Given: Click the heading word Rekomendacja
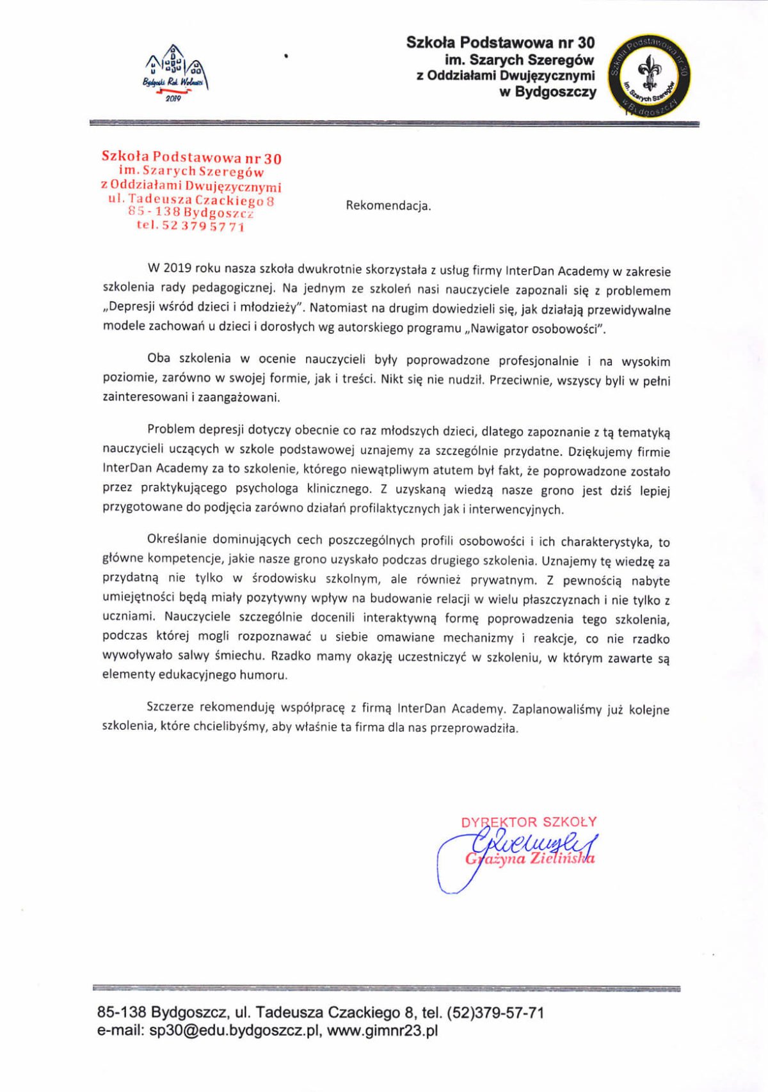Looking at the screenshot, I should pyautogui.click(x=388, y=206).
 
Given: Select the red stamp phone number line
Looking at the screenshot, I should pyautogui.click(x=190, y=226).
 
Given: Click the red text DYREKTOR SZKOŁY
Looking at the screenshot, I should pyautogui.click(x=529, y=822).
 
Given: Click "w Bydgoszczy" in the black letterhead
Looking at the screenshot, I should pyautogui.click(x=547, y=92).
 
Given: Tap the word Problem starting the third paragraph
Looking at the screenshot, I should pyautogui.click(x=170, y=429).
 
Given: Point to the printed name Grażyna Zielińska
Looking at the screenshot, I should pyautogui.click(x=530, y=859).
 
